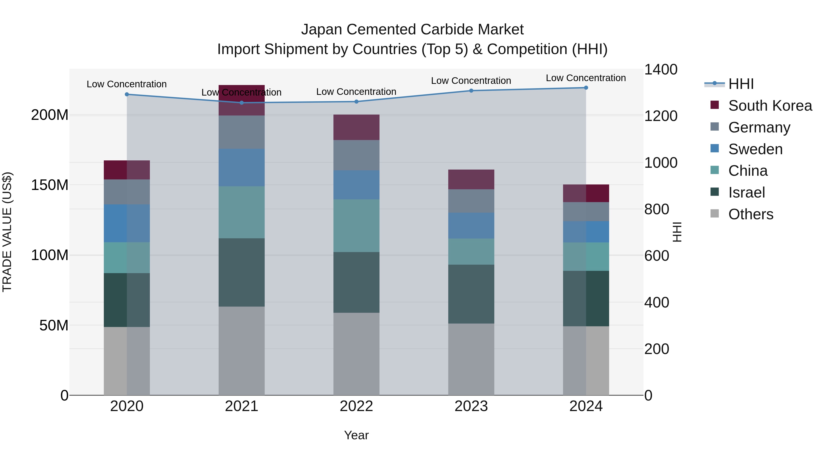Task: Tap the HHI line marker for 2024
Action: pos(586,88)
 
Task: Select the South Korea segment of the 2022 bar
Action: pos(356,127)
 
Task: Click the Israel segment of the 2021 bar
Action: pos(242,272)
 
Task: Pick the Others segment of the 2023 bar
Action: pos(471,359)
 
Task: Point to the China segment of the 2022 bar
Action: pos(356,225)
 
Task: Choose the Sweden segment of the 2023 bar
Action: pos(471,225)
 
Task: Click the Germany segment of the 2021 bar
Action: pos(242,132)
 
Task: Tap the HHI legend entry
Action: pos(740,84)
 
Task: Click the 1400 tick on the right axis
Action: pos(660,69)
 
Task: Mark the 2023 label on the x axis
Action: pos(471,406)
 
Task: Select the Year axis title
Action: pos(356,435)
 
